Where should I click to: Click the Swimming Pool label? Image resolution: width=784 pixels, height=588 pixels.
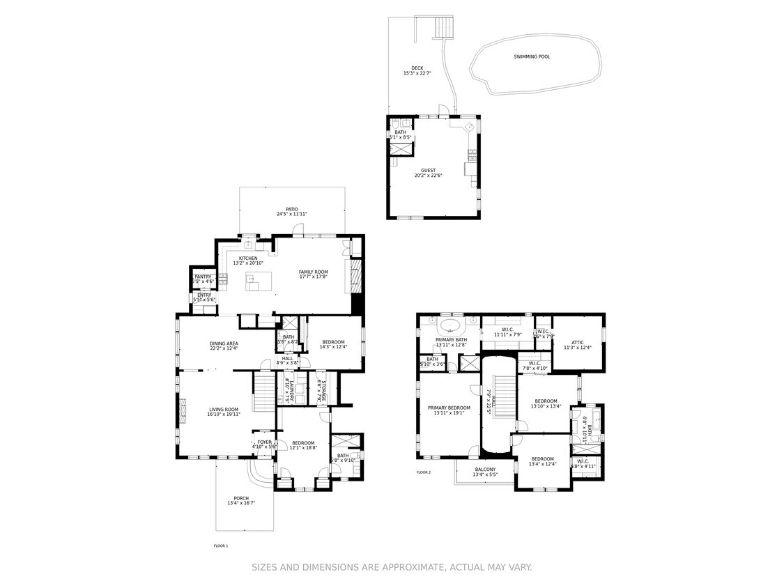pyautogui.click(x=532, y=56)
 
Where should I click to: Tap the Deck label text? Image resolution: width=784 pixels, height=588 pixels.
pyautogui.click(x=417, y=68)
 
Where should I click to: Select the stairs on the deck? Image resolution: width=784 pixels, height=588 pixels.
pyautogui.click(x=443, y=28)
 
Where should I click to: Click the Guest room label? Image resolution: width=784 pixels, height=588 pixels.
pyautogui.click(x=428, y=170)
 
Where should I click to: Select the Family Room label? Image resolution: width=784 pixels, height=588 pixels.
pyautogui.click(x=313, y=272)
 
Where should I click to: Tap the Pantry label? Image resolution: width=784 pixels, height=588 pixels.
pyautogui.click(x=203, y=277)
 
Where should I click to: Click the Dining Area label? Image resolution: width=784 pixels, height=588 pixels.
pyautogui.click(x=224, y=343)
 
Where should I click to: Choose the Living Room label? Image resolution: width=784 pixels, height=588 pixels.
pyautogui.click(x=223, y=410)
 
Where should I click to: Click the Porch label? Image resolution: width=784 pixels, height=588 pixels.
pyautogui.click(x=241, y=498)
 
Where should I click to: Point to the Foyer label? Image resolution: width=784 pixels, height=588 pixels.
pyautogui.click(x=264, y=442)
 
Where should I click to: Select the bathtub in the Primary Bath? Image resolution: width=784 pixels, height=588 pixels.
pyautogui.click(x=450, y=326)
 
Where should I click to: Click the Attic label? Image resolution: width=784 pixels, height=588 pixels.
pyautogui.click(x=576, y=342)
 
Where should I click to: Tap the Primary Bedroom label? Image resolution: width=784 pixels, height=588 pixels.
pyautogui.click(x=449, y=408)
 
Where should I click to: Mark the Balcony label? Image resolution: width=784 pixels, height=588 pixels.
pyautogui.click(x=485, y=470)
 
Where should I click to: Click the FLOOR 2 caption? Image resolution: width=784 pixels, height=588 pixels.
pyautogui.click(x=424, y=472)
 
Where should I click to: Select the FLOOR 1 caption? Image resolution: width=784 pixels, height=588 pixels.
pyautogui.click(x=220, y=546)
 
